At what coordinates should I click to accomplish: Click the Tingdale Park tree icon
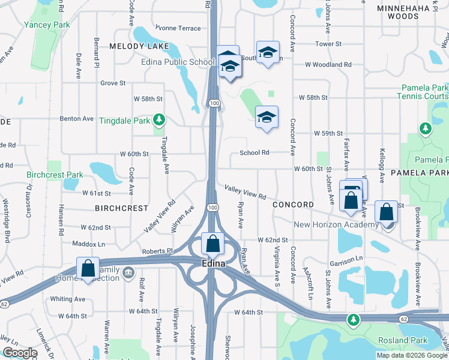159,120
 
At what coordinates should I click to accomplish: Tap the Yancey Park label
47,25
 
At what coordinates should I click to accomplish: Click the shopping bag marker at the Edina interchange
212,244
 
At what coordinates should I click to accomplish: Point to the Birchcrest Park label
55,175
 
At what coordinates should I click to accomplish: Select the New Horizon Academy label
336,224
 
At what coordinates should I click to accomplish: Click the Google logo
20,353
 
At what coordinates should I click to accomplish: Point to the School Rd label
255,152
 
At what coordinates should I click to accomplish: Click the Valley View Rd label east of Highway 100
246,193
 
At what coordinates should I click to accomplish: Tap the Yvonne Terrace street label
178,28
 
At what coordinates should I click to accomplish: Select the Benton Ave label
77,119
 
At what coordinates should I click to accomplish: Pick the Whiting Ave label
68,299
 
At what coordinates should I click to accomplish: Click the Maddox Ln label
88,244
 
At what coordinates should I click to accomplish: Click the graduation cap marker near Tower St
268,52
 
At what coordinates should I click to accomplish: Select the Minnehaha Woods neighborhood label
406,12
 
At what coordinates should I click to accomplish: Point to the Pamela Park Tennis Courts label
423,92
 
